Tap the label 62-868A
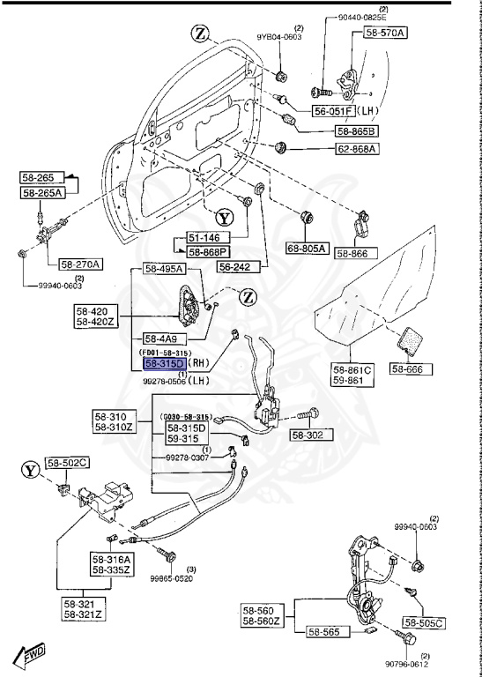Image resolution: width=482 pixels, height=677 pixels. pos(355,149)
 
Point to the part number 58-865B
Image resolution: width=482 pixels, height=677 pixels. pos(355,131)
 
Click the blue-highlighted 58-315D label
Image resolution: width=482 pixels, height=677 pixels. pos(164,362)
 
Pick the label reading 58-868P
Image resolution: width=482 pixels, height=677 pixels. pos(208,251)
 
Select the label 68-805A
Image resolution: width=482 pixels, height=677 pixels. pos(306,249)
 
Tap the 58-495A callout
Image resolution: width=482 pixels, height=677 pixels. pos(164,270)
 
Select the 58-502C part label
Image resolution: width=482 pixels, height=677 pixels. pos(68,462)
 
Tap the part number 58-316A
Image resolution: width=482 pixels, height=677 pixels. pos(110,559)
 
